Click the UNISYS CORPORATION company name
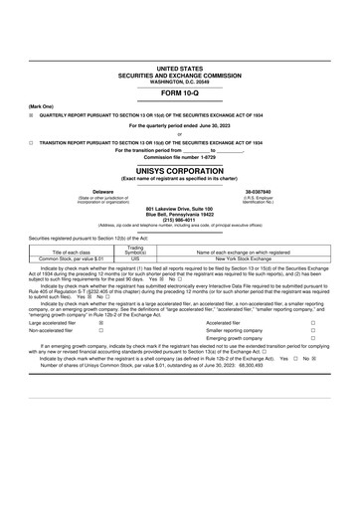click(x=179, y=170)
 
